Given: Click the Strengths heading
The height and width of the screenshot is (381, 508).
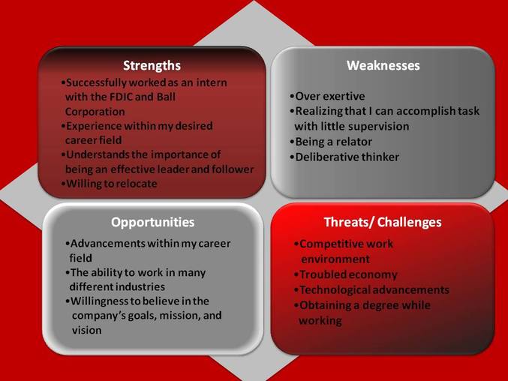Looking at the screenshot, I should (x=152, y=65).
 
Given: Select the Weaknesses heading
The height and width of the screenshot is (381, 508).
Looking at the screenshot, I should (x=383, y=65).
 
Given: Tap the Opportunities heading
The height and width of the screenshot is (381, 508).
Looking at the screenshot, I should (x=152, y=222).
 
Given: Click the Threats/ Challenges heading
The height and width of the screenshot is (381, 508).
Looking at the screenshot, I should (x=383, y=222).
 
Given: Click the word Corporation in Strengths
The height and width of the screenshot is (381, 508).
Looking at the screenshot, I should (x=95, y=111).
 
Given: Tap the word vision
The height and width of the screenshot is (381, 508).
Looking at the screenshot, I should (x=86, y=330).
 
